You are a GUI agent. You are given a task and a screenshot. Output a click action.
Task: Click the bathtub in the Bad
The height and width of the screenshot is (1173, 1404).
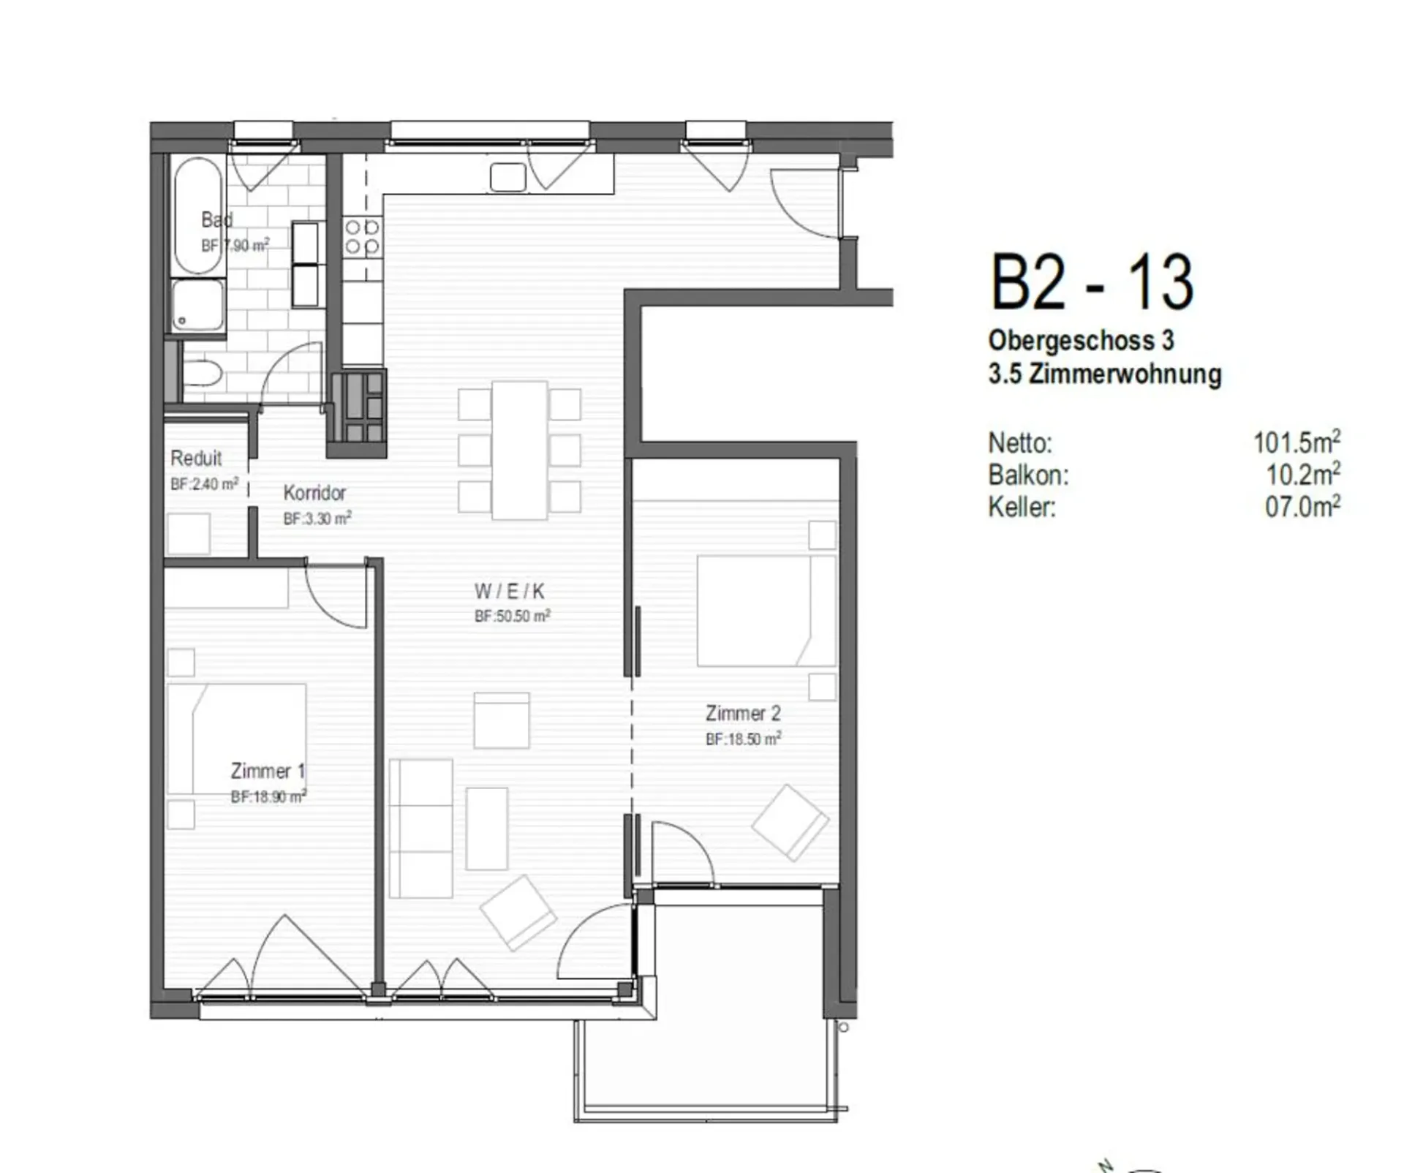coord(198,216)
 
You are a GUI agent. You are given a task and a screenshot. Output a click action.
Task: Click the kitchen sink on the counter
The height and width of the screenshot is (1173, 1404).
coord(508,177)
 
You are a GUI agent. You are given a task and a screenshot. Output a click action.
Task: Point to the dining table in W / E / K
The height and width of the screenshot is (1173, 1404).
coord(519,450)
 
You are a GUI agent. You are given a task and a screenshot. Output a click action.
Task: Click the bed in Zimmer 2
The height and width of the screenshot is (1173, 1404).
coord(766,611)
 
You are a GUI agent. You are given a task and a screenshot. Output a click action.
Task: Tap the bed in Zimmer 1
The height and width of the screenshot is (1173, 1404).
coord(236,739)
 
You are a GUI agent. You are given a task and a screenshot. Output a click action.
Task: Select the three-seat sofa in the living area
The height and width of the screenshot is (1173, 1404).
coord(420,828)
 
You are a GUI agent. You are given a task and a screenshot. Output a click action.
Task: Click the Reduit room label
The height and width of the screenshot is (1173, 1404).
coord(196,459)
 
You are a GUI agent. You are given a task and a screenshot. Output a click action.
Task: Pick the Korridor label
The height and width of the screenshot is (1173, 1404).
coord(314,493)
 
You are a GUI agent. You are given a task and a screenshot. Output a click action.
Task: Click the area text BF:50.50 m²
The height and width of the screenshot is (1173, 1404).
coord(512,616)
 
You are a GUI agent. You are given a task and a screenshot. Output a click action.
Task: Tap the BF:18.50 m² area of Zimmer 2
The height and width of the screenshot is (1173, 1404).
coord(743,739)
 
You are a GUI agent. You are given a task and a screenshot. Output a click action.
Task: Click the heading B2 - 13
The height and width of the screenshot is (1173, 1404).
coord(1092,282)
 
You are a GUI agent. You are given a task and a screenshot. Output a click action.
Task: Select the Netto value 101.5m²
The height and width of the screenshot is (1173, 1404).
coord(1297,442)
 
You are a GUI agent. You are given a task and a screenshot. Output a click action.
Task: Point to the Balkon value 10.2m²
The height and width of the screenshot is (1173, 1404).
coord(1303,475)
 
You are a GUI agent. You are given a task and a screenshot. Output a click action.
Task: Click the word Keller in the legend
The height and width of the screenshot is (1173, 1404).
coord(1022,507)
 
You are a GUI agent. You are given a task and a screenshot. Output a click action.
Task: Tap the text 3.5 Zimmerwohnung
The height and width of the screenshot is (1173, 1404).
coord(1105,374)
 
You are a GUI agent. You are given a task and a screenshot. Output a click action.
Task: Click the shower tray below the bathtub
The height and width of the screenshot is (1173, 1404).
coord(198,305)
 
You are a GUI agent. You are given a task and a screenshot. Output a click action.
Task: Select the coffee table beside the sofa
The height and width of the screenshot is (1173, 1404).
coord(487,829)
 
